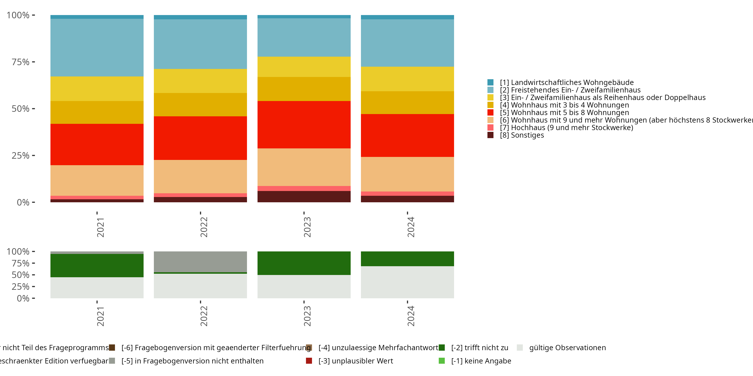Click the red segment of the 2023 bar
pos(304,125)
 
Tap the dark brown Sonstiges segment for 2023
pos(304,197)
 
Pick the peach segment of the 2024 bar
pos(407,174)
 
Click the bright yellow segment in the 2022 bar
pos(200,81)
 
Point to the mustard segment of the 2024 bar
pos(407,103)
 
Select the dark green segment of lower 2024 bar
pos(407,259)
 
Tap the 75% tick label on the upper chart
pos(21,62)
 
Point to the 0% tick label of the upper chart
pos(23,202)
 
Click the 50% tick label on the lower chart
pos(21,275)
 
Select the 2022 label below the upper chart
pos(204,227)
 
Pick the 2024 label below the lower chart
pos(411,316)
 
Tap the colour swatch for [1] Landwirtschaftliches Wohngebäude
pos(490,82)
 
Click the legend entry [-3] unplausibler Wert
pos(355,361)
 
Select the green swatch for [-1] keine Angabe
pos(442,361)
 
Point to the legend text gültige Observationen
pos(567,348)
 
